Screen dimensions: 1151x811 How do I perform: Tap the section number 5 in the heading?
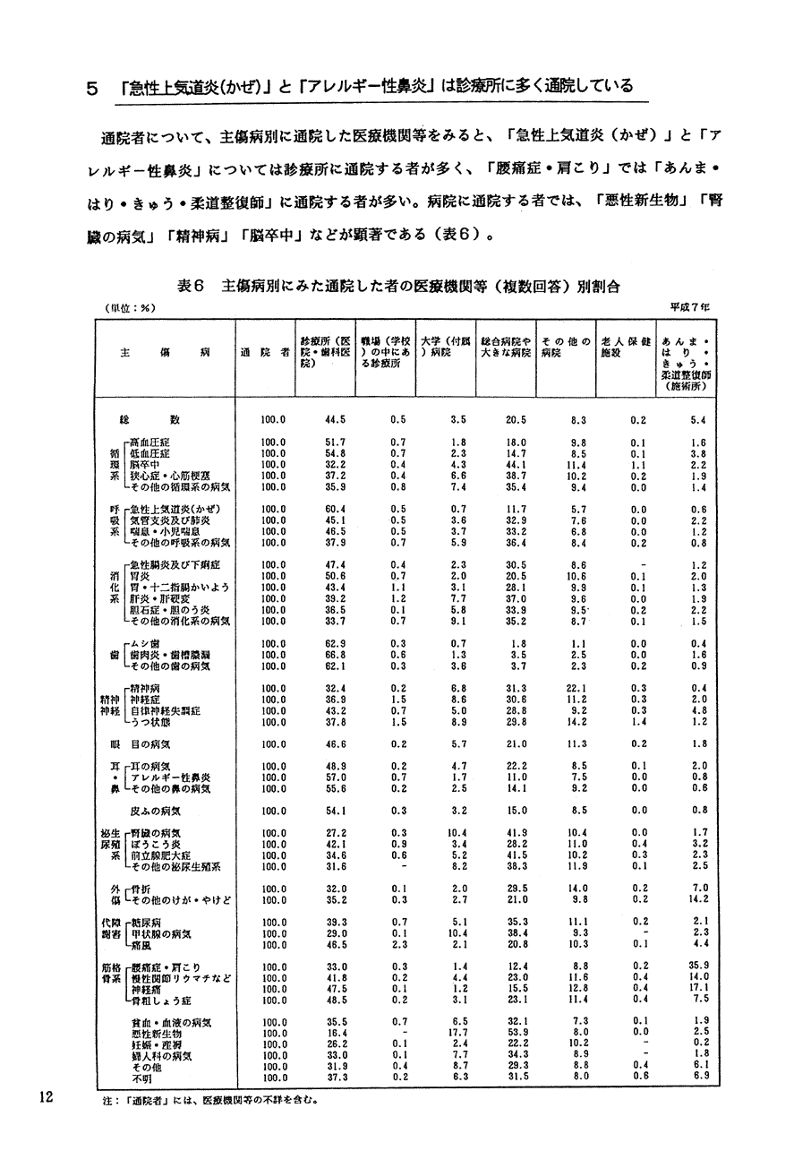click(91, 87)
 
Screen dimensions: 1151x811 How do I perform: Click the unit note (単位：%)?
click(131, 307)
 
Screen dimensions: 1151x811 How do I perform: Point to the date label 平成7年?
click(691, 307)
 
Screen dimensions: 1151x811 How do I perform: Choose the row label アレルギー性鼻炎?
click(170, 777)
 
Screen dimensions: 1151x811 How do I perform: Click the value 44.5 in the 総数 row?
click(336, 419)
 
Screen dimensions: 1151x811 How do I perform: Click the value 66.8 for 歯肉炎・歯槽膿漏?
click(336, 655)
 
